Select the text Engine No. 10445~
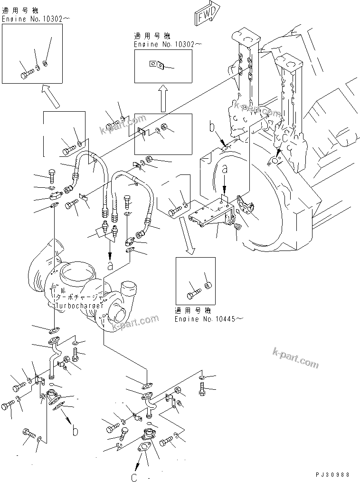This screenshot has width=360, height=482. [x=208, y=318]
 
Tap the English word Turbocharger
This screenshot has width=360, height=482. [x=79, y=305]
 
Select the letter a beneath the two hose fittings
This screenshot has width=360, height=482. [x=110, y=267]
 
